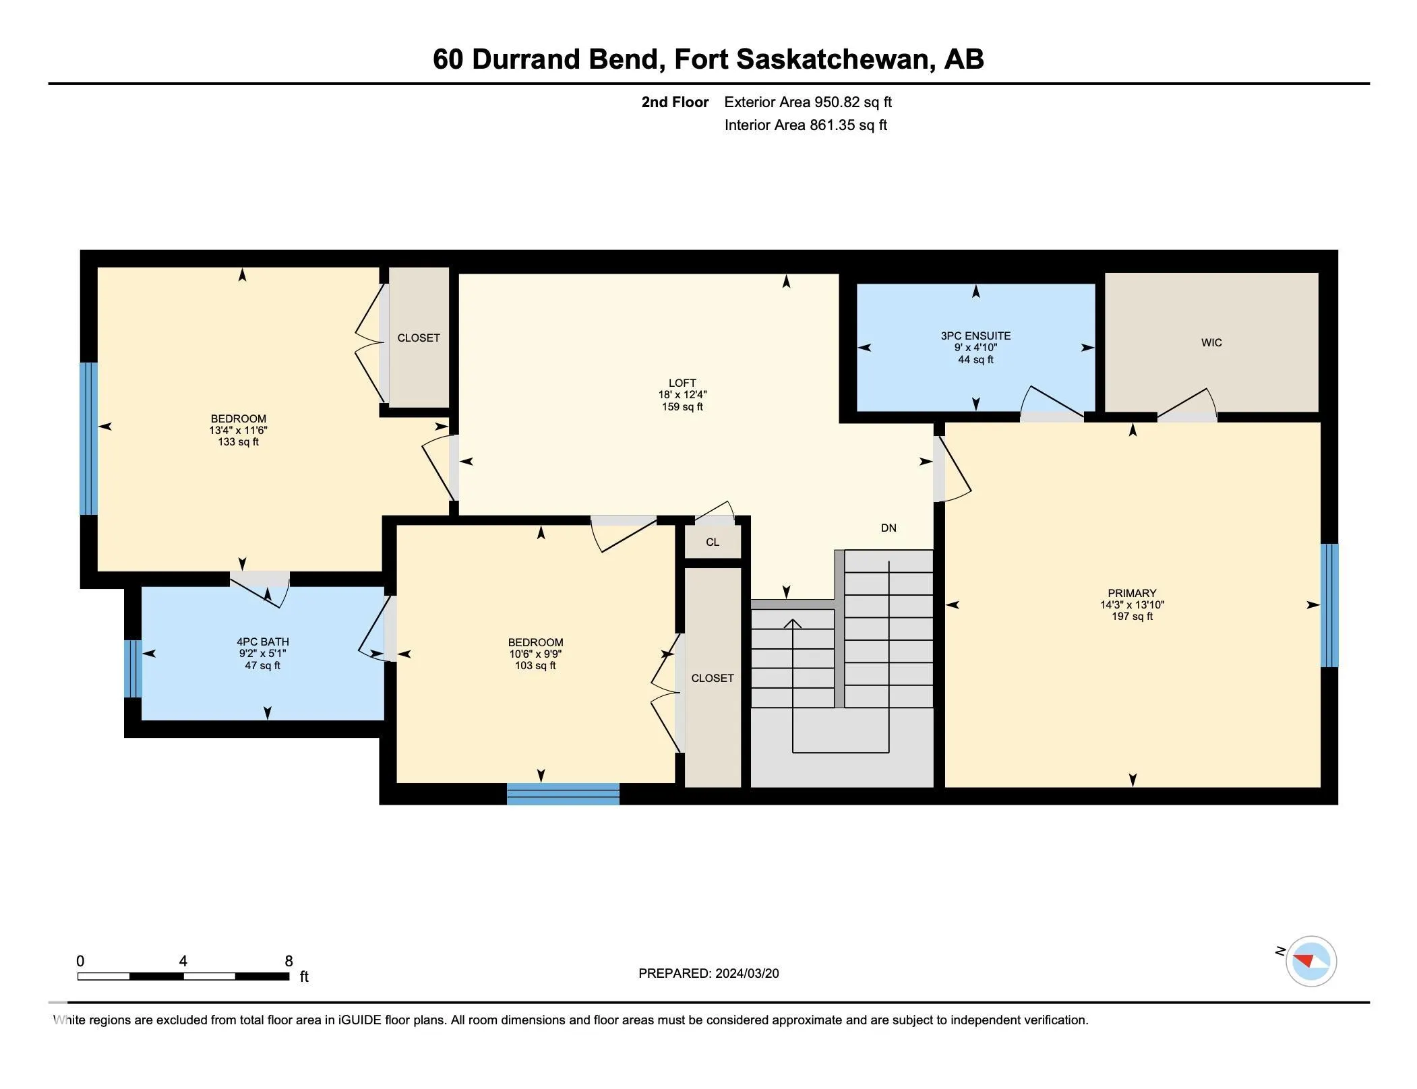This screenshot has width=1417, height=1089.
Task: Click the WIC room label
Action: (x=1211, y=342)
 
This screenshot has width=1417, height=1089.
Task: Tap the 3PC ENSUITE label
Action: (x=975, y=336)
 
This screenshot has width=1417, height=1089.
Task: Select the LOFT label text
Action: (x=682, y=383)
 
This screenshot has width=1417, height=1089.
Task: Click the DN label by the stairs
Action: (x=888, y=528)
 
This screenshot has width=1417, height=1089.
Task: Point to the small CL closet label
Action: (x=712, y=542)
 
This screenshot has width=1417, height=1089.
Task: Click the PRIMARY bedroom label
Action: (x=1131, y=593)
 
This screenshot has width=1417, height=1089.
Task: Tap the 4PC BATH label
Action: (x=262, y=642)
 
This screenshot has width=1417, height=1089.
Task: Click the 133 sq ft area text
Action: (x=238, y=442)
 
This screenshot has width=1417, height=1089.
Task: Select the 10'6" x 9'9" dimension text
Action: (x=535, y=654)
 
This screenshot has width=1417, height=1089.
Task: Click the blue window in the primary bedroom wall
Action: (x=1328, y=604)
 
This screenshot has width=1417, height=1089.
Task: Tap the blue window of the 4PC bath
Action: (x=133, y=668)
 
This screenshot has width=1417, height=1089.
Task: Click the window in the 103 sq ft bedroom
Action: (x=563, y=794)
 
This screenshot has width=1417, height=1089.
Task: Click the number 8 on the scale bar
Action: (x=289, y=961)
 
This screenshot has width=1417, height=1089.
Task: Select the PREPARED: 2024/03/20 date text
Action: (x=708, y=973)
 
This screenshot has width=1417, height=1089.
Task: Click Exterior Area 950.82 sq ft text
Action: (x=808, y=102)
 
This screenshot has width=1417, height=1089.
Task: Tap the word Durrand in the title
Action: (x=526, y=59)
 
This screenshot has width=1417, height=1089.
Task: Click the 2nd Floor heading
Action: (x=674, y=102)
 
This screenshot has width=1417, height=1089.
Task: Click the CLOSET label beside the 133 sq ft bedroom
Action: (x=418, y=338)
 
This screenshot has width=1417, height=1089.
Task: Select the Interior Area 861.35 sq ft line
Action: (x=806, y=125)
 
